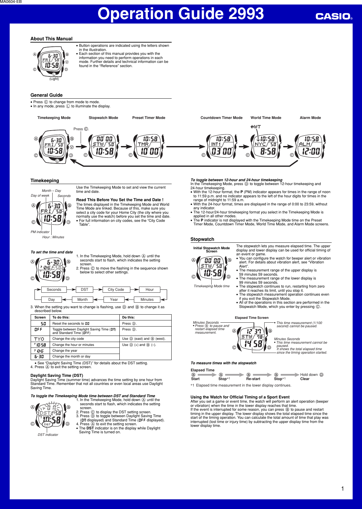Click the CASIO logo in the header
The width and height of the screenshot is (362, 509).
point(333,16)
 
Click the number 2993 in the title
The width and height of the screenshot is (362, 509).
point(246,14)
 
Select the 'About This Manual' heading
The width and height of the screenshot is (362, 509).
point(51,39)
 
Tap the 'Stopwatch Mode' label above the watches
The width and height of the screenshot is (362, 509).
point(103,118)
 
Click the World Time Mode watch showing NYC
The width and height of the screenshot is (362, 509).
point(266,145)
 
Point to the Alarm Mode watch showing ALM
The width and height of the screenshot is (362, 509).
point(310,145)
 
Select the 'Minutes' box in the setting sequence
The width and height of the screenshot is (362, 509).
point(147,299)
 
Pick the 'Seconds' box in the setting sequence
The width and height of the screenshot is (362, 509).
point(54,289)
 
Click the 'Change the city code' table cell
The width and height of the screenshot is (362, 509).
point(68,339)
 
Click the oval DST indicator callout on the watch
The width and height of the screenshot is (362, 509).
point(47,424)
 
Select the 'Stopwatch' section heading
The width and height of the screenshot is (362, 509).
point(202,239)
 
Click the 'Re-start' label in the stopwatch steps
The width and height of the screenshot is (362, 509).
point(253,379)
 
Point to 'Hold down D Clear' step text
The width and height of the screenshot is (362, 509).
point(311,377)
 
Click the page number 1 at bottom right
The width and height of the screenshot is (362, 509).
point(342,488)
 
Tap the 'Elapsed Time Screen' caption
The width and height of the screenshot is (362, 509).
point(252,318)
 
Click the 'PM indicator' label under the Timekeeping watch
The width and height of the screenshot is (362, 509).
point(40,232)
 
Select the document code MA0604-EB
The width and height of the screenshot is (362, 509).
point(11,2)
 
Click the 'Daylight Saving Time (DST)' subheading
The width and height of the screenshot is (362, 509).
point(57,375)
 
